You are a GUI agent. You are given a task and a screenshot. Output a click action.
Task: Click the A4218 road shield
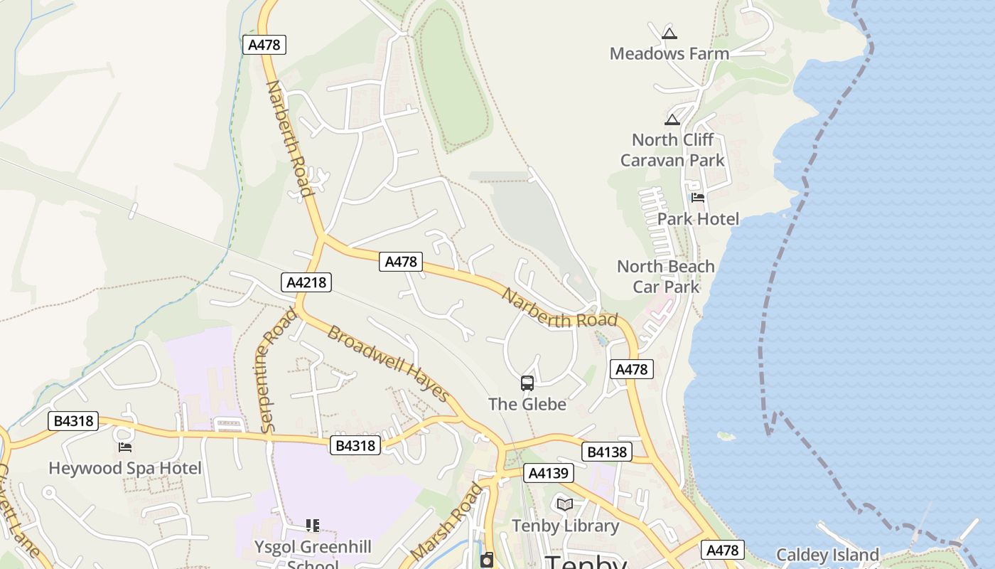(306, 282)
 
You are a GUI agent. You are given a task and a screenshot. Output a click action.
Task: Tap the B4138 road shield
(606, 452)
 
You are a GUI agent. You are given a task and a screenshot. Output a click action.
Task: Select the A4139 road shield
(548, 473)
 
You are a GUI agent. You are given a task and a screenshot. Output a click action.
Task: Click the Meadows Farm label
(669, 53)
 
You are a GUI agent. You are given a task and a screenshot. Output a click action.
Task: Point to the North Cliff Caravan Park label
(672, 150)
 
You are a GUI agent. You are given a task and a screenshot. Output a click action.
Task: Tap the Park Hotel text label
(698, 218)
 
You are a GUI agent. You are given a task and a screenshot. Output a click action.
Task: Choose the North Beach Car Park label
(666, 277)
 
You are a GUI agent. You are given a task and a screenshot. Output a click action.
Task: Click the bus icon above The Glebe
(527, 383)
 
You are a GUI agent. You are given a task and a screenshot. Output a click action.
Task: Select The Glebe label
(527, 404)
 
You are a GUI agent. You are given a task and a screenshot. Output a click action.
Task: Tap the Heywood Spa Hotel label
(125, 468)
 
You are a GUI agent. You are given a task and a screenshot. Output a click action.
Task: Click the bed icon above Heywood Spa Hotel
(125, 447)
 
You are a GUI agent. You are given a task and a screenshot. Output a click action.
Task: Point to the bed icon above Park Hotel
(698, 198)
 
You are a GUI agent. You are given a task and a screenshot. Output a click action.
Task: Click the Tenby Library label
(566, 526)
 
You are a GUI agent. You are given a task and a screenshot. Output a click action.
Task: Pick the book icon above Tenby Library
(565, 504)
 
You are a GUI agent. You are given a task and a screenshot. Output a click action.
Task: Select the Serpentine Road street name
(269, 371)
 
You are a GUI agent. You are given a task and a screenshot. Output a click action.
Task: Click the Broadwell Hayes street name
(388, 363)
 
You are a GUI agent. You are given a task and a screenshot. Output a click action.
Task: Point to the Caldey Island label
(827, 555)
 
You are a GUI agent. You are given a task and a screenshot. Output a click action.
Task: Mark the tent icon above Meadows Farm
(669, 33)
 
